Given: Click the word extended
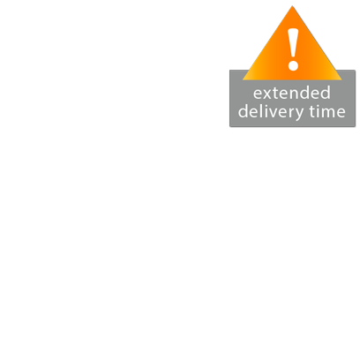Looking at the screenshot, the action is tap(292, 93).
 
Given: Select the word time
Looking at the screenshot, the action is tap(327, 111).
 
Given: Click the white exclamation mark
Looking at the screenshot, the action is tap(293, 49).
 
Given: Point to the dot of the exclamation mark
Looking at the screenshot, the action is tap(293, 65).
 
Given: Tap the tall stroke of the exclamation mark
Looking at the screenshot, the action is tap(293, 43).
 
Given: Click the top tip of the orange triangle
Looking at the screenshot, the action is tap(292, 5).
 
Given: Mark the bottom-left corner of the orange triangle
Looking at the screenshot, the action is tap(243, 79).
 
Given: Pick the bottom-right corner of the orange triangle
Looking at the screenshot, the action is tap(341, 79).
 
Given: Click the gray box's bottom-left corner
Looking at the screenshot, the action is tap(229, 127).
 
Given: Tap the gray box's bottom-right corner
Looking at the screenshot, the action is tap(356, 127).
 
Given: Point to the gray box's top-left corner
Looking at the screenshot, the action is tap(229, 70).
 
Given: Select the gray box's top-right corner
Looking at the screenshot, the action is tap(356, 70).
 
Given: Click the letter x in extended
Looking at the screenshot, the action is tap(268, 94).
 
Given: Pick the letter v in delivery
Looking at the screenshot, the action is tap(269, 113).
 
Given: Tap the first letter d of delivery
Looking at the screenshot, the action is tap(243, 111).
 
